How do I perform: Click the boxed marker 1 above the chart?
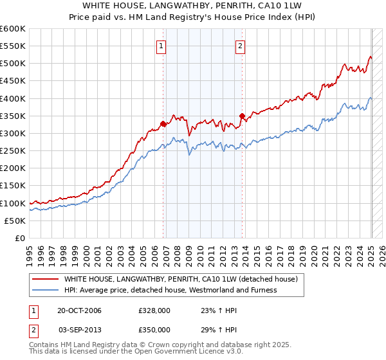point(161,46)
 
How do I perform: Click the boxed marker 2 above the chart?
point(240,46)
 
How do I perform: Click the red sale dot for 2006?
point(163,123)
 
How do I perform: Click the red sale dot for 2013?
point(242,116)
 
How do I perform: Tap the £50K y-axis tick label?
point(15,221)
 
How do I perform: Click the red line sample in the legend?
point(46,280)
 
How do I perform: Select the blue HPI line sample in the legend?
point(46,290)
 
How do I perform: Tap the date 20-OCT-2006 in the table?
point(80,310)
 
